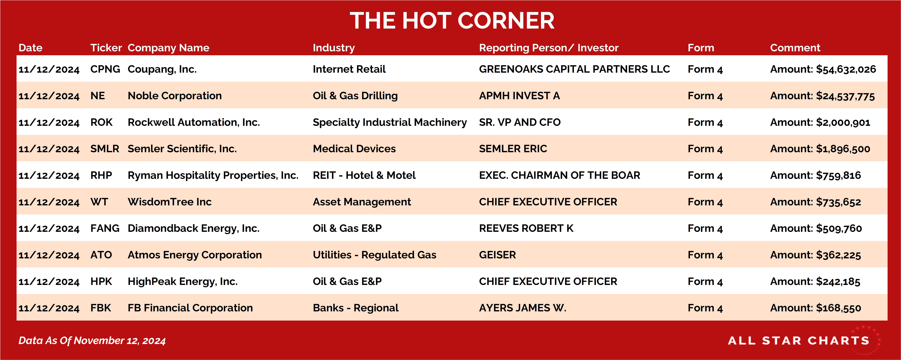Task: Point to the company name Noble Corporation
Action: tap(175, 96)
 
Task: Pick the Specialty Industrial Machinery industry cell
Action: tap(390, 122)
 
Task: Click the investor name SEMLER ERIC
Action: tap(513, 149)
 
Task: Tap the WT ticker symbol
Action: tap(99, 202)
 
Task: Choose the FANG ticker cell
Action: tap(105, 228)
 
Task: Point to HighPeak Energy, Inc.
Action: tap(183, 282)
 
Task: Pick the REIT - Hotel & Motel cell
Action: tap(364, 175)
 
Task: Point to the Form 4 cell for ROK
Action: tap(705, 122)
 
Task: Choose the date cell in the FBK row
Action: tap(49, 308)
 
